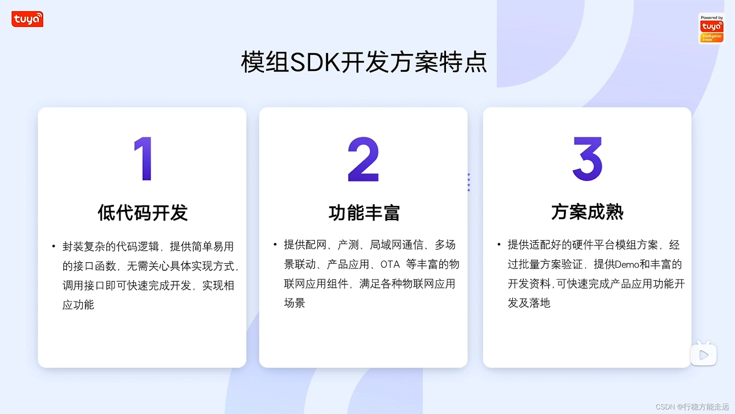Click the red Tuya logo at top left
point(27,19)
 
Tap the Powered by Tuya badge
point(712,29)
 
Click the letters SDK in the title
point(315,62)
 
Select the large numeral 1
point(144,158)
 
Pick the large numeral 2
point(363,159)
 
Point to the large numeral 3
point(587,159)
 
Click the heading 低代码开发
point(142,213)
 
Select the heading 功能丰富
point(364,213)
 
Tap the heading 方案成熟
point(587,212)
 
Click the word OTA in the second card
point(390,264)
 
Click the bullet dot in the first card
point(54,246)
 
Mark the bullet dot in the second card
point(275,244)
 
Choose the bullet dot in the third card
point(499,244)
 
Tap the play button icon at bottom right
point(704,355)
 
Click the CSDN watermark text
point(692,407)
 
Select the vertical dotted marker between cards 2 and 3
point(469,182)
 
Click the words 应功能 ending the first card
point(78,305)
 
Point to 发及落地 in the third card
point(529,303)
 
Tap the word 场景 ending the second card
point(294,303)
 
